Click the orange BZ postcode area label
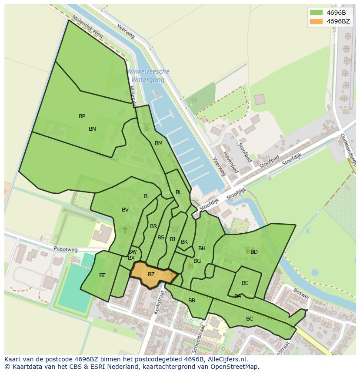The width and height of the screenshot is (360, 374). pyautogui.click(x=151, y=275)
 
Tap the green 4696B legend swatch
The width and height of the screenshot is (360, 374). pyautogui.click(x=316, y=13)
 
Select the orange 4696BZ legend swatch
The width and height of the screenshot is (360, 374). pyautogui.click(x=316, y=21)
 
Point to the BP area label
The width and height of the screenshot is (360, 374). pyautogui.click(x=82, y=116)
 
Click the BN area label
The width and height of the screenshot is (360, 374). pyautogui.click(x=92, y=129)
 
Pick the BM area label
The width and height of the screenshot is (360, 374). pyautogui.click(x=158, y=143)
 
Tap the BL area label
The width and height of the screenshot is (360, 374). pyautogui.click(x=179, y=192)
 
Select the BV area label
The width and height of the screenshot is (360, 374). pyautogui.click(x=125, y=210)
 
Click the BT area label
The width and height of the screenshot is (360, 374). pyautogui.click(x=102, y=275)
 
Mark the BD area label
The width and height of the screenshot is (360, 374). pyautogui.click(x=254, y=252)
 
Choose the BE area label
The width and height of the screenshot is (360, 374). pyautogui.click(x=245, y=283)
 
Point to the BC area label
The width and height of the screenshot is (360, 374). pyautogui.click(x=250, y=319)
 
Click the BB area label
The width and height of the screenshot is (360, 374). pyautogui.click(x=192, y=301)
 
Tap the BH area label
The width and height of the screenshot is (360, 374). pyautogui.click(x=202, y=248)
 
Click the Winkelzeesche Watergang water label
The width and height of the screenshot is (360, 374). pyautogui.click(x=148, y=76)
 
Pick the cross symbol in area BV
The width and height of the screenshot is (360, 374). pyautogui.click(x=125, y=229)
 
